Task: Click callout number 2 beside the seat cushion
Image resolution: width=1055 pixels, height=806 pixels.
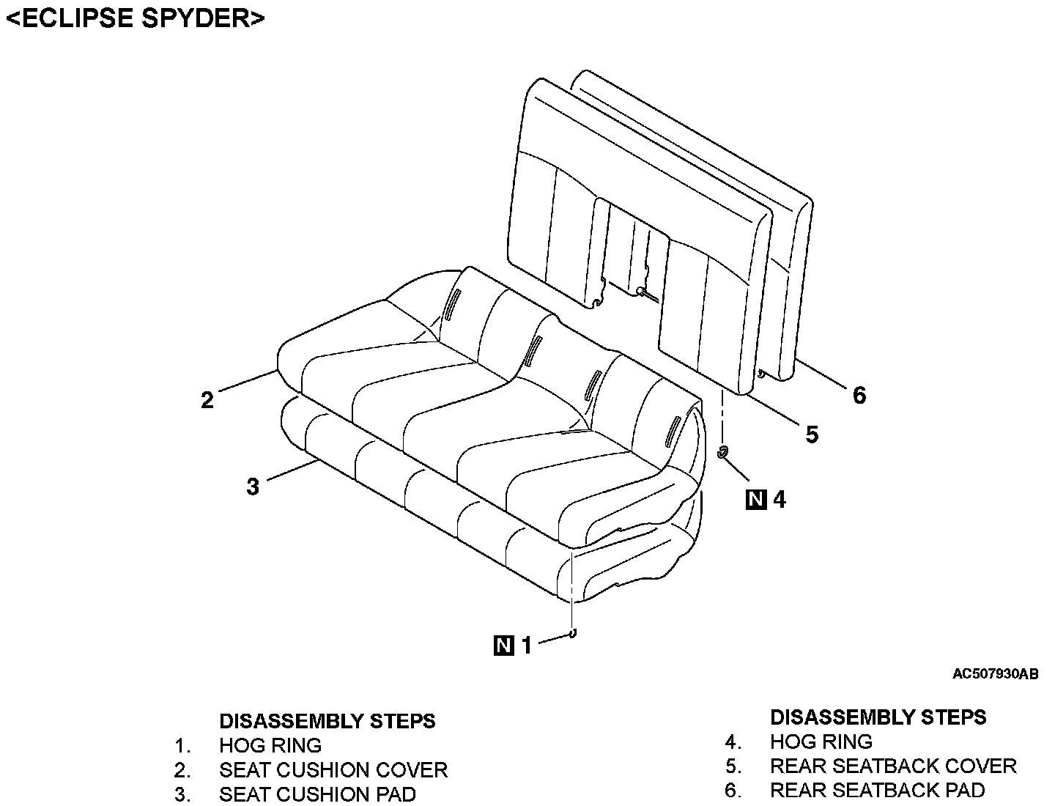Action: pyautogui.click(x=207, y=400)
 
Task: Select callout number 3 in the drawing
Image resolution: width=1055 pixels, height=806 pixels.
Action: pyautogui.click(x=253, y=487)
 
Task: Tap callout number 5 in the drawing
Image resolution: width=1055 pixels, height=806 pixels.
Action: pyautogui.click(x=812, y=435)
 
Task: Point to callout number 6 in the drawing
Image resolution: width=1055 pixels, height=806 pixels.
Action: pyautogui.click(x=859, y=396)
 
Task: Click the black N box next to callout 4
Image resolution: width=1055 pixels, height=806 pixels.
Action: pyautogui.click(x=755, y=500)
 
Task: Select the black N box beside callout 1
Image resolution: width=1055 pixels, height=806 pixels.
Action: pyautogui.click(x=504, y=646)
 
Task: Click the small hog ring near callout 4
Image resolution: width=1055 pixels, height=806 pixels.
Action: pyautogui.click(x=722, y=452)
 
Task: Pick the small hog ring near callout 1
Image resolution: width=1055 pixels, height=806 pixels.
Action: pyautogui.click(x=572, y=634)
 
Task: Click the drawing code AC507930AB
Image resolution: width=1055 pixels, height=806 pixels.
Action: pyautogui.click(x=995, y=674)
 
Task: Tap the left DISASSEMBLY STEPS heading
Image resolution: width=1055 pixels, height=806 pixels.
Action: pyautogui.click(x=327, y=721)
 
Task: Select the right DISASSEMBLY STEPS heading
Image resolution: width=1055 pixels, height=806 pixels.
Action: pyautogui.click(x=878, y=717)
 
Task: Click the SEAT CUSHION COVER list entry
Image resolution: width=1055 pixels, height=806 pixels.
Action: pyautogui.click(x=333, y=770)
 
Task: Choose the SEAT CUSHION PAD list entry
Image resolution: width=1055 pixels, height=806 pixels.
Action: pyautogui.click(x=317, y=794)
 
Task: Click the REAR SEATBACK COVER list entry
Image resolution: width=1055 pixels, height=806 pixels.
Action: pyautogui.click(x=893, y=766)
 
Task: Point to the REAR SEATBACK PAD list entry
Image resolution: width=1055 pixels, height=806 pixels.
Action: pyautogui.click(x=877, y=790)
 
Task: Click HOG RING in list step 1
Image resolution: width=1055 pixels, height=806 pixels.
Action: pyautogui.click(x=270, y=746)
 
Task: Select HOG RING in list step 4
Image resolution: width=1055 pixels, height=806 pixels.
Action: pyautogui.click(x=821, y=742)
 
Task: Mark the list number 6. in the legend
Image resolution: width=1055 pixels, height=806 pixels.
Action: pyautogui.click(x=733, y=790)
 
